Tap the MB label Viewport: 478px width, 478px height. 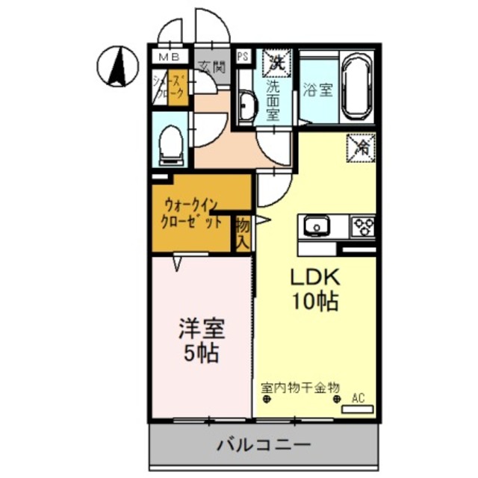[x=167, y=56]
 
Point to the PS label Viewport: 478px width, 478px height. [x=243, y=56]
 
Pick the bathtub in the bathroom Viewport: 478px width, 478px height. [x=358, y=87]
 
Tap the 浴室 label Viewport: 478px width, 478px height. [x=318, y=91]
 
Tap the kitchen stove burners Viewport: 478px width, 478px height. [x=364, y=224]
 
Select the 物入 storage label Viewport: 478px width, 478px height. [x=242, y=233]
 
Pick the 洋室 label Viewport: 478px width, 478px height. [x=200, y=327]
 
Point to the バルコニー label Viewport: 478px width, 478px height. [x=264, y=446]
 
